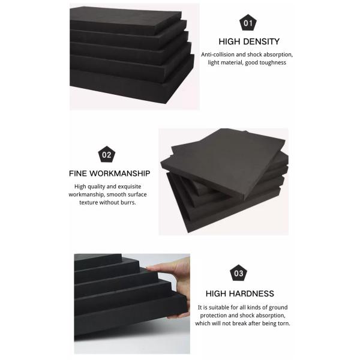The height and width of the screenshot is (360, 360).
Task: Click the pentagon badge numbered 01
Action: (248, 23)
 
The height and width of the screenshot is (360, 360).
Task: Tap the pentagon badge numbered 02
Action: (107, 154)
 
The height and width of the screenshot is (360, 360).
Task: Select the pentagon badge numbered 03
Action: (238, 273)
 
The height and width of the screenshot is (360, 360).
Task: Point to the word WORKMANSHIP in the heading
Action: (119, 173)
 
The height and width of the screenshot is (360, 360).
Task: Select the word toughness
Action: (273, 62)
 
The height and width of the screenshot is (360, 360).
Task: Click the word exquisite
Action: (129, 187)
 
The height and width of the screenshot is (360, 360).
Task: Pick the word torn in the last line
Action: (284, 323)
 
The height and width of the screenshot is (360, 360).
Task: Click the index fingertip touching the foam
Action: (149, 268)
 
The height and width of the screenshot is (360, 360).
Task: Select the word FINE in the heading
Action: (78, 173)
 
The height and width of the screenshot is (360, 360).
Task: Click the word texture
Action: (88, 203)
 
